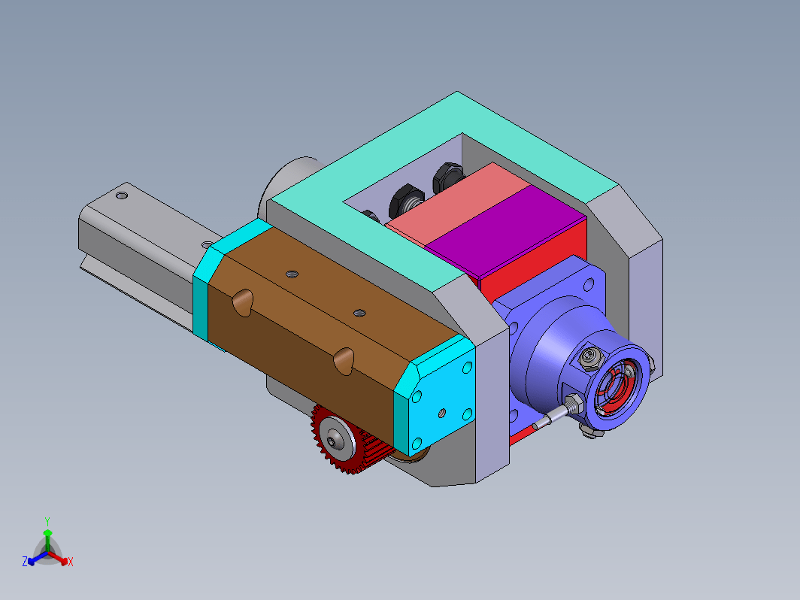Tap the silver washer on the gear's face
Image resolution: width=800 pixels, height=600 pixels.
335,438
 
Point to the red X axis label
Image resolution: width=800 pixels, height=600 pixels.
71,562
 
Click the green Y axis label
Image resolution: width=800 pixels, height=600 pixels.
47,522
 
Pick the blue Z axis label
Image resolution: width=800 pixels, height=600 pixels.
25,562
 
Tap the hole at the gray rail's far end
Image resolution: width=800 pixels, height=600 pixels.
122,195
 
